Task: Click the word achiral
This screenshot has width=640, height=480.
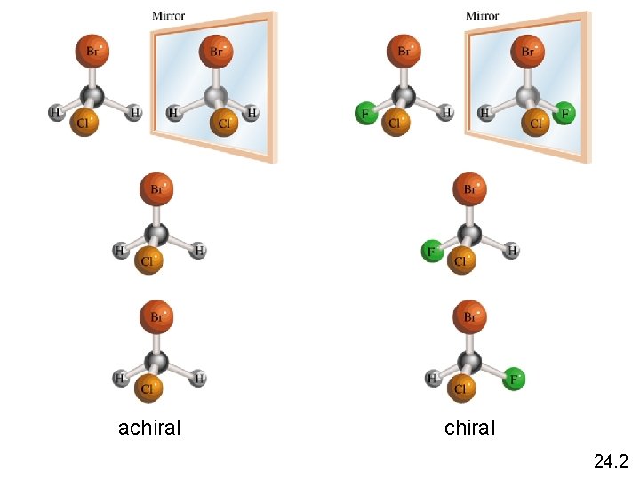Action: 149,428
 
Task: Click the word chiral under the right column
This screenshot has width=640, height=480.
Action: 469,428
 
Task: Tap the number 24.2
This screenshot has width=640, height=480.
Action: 611,461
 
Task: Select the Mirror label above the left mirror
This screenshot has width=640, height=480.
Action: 169,16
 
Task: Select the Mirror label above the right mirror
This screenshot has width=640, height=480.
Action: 483,16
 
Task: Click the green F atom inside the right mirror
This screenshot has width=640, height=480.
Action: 563,114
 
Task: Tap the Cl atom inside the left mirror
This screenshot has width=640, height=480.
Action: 223,123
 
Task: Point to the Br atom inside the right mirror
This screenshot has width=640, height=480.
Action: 527,52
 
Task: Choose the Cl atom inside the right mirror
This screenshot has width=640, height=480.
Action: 535,123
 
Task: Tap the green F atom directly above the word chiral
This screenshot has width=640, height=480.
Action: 512,380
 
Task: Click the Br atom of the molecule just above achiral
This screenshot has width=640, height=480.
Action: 156,316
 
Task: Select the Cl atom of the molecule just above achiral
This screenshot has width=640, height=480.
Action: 147,388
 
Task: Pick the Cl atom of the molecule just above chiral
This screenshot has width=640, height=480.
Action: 460,388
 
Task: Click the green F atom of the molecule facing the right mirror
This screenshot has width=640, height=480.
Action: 364,114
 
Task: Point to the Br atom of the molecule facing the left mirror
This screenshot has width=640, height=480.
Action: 92,51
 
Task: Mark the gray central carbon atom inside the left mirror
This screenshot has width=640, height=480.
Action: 214,96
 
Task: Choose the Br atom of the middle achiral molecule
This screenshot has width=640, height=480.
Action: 156,189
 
